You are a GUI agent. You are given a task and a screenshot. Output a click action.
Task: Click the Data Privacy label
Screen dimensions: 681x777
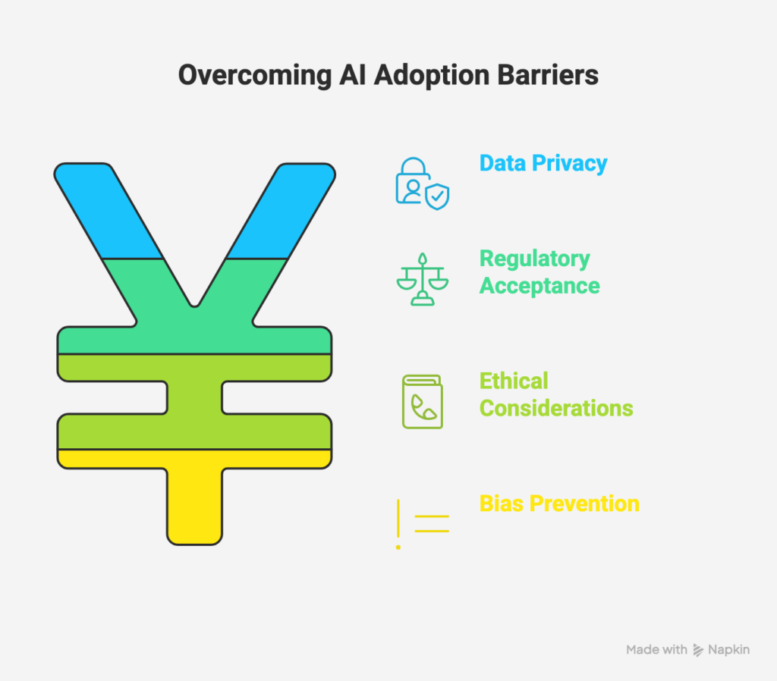click(543, 163)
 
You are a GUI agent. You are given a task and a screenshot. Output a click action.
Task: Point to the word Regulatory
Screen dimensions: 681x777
click(534, 259)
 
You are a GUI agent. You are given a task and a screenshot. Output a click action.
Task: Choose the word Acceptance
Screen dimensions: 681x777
click(539, 286)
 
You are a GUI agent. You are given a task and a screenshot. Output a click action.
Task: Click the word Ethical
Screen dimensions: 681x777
click(514, 381)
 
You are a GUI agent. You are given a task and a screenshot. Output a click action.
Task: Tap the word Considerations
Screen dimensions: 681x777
click(556, 408)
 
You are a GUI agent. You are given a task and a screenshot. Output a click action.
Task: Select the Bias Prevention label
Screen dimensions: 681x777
click(559, 504)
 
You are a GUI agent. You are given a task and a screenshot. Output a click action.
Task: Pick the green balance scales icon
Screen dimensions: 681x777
click(422, 278)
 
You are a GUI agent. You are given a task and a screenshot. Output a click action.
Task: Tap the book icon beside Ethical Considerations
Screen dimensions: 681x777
click(422, 401)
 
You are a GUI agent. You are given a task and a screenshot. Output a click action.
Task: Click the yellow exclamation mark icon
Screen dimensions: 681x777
click(398, 524)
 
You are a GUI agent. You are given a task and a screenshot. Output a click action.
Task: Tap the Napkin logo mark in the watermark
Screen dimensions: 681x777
click(698, 650)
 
